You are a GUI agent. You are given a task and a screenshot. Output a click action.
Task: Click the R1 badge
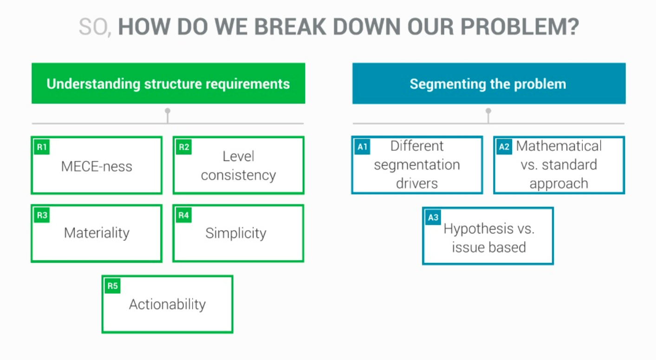coord(42,147)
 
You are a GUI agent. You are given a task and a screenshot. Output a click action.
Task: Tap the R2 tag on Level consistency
coord(184,147)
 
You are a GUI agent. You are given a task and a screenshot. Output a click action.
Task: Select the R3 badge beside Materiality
coord(42,215)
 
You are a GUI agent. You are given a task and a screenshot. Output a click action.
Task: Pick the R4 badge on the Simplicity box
coord(184,215)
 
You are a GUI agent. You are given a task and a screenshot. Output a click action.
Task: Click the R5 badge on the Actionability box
coord(112,286)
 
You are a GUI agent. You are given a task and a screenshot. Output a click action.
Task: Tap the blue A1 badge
coord(362,147)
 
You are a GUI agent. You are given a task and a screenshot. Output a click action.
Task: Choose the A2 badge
coord(504,147)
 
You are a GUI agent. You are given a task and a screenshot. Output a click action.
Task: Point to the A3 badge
coord(433,218)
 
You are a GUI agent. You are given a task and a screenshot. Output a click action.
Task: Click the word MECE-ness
coord(97,166)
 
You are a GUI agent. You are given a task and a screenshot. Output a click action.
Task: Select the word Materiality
coord(97,233)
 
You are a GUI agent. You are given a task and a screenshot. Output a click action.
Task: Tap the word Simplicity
coord(236,233)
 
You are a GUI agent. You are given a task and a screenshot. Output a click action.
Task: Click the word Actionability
coord(167,304)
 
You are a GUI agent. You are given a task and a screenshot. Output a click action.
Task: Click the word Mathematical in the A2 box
coord(559,146)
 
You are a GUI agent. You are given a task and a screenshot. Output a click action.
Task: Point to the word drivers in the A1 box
coord(417,184)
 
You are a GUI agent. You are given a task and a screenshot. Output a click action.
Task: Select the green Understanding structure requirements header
coord(169,84)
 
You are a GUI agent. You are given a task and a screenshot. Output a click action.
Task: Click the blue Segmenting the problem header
coord(489,84)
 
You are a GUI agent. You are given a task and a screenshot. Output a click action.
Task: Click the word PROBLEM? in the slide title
coord(520,26)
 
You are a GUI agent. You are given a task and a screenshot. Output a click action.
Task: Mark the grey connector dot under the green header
coord(168,111)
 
